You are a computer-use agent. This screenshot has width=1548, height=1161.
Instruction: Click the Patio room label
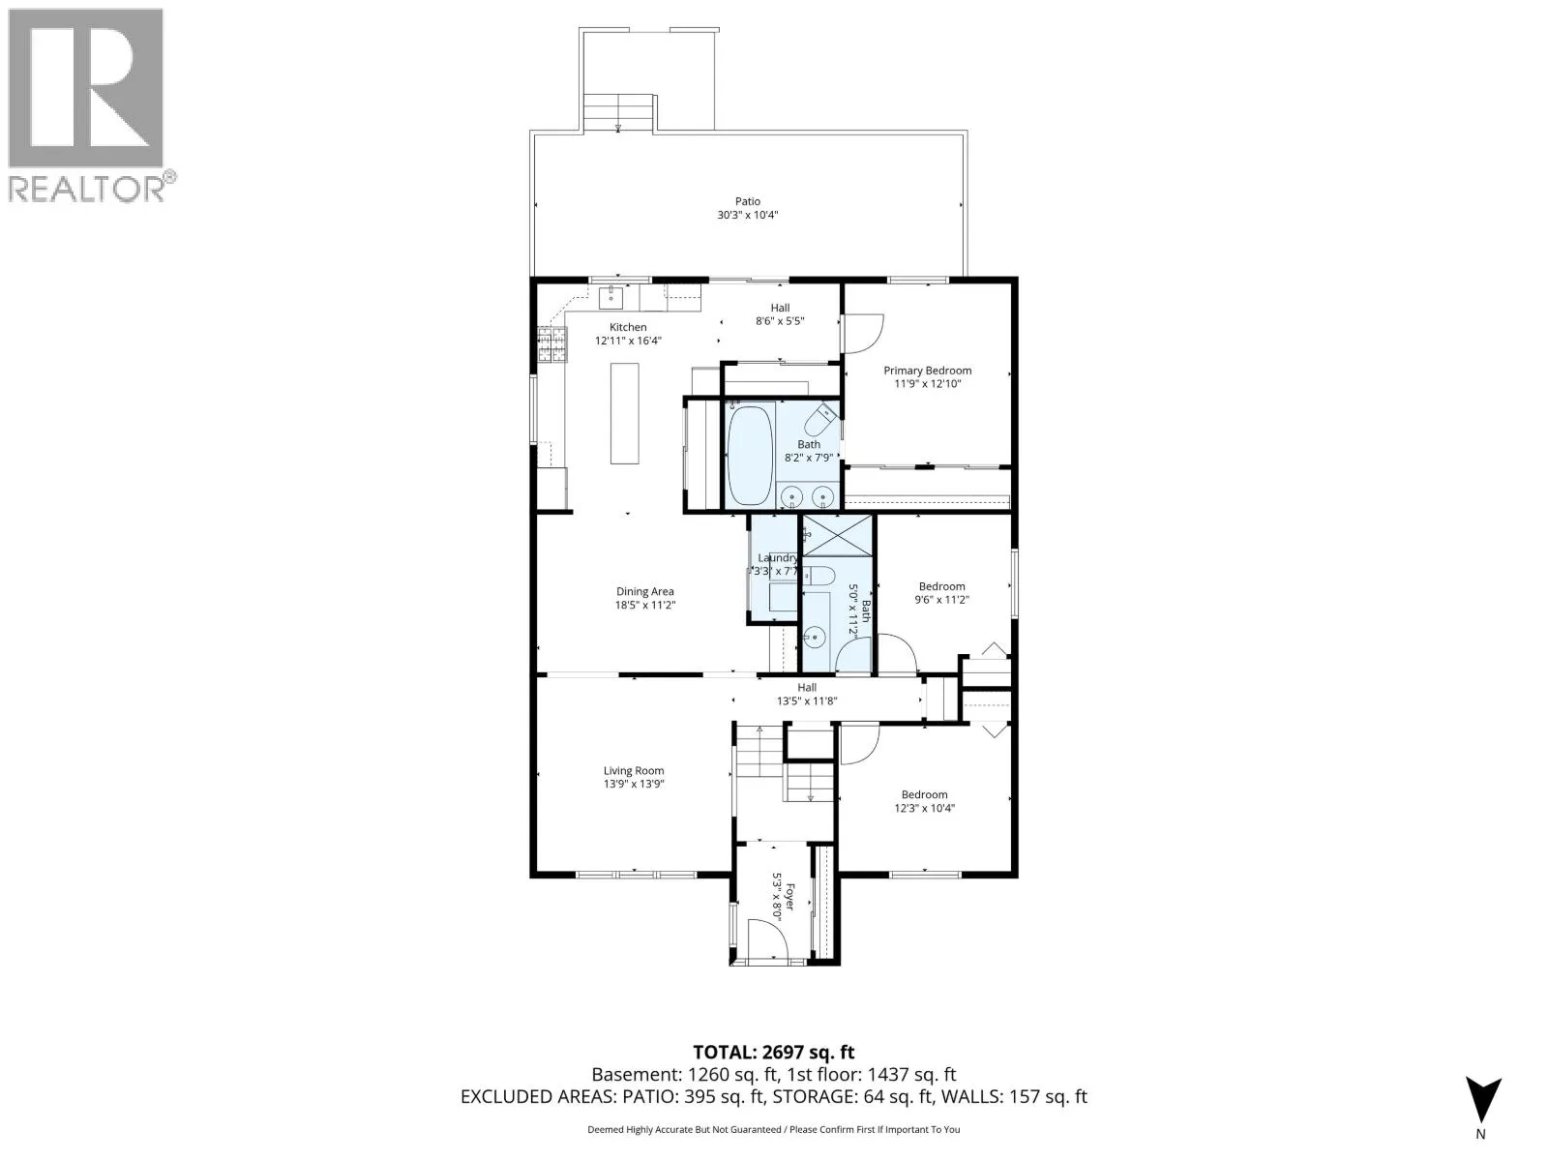pos(748,201)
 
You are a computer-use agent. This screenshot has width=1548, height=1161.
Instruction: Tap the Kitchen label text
pos(628,327)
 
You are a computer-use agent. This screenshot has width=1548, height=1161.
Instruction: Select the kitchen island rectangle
pos(624,413)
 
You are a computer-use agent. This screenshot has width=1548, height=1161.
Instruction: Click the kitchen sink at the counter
pos(610,298)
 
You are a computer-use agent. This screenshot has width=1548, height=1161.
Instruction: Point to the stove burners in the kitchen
pos(552,344)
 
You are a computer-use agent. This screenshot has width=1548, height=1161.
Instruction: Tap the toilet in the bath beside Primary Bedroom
pos(820,421)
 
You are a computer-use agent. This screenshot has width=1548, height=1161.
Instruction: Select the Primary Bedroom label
pos(928,371)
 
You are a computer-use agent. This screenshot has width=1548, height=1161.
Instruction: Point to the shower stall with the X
pos(837,536)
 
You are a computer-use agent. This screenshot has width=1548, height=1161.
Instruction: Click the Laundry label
pos(778,557)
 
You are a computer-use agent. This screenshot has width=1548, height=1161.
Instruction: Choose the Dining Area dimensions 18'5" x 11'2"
pos(645,605)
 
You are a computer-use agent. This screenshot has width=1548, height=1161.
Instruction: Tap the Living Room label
pos(634,770)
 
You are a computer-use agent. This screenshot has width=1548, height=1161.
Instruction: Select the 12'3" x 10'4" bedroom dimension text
pos(924,808)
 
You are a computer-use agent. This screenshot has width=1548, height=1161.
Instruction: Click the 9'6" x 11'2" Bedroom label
pos(941,586)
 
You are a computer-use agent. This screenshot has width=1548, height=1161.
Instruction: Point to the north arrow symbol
pos(1483,1101)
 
